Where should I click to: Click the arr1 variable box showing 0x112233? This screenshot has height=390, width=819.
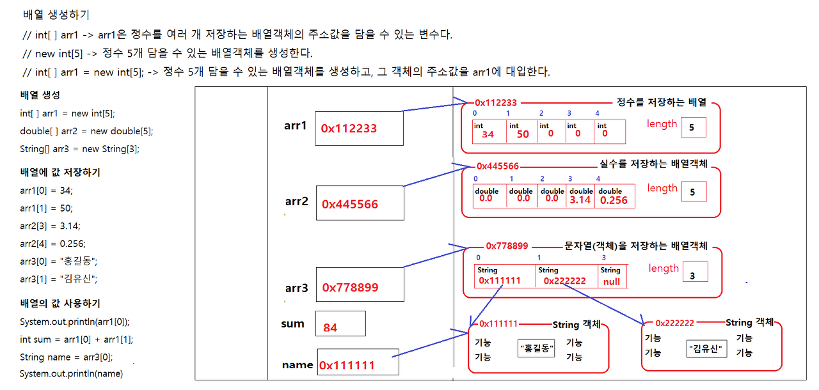coord(358,129)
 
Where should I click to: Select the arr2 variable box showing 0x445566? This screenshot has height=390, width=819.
coord(360,202)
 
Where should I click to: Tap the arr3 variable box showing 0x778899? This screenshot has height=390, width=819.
coord(360,285)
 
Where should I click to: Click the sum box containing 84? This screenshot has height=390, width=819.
coord(340,324)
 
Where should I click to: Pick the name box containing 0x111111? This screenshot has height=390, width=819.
coord(358,362)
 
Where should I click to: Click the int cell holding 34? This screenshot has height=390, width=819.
coord(488,131)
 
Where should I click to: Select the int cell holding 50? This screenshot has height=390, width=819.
coord(522,131)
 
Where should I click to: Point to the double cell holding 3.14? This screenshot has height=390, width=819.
coord(580,196)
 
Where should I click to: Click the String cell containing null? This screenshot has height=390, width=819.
coord(611,276)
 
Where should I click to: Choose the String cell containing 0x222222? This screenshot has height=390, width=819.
coord(566,276)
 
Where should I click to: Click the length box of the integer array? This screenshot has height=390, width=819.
coord(693,127)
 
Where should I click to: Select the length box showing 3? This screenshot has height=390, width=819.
coord(695,272)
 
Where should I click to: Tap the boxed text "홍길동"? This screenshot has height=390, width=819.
coord(536,349)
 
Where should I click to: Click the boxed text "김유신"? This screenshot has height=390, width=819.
coord(708,349)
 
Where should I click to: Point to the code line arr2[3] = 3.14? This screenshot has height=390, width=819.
coord(51,226)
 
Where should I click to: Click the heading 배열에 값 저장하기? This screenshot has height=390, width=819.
coord(60,173)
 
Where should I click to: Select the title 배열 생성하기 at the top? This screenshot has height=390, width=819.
coord(56,15)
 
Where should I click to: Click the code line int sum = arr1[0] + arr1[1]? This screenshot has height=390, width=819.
coord(76,339)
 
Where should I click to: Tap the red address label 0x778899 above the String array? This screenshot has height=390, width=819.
coord(507,246)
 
